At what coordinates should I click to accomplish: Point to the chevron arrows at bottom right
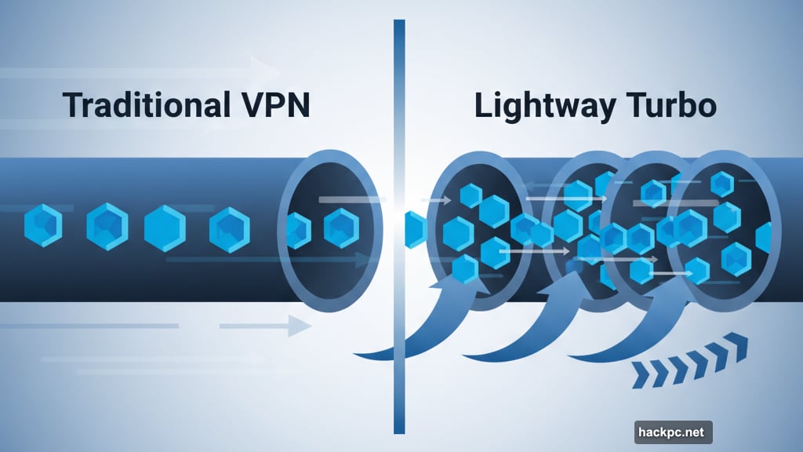tap(690, 360)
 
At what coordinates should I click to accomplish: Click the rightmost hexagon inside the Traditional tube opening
tap(341, 228)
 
